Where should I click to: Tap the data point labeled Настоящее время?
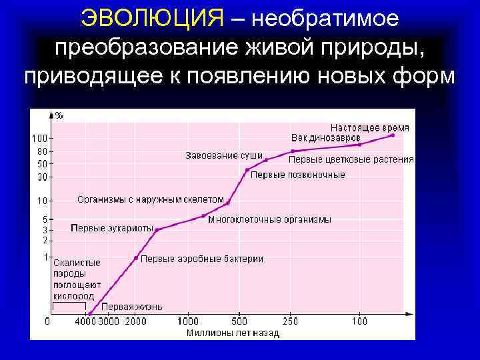(x=393, y=135)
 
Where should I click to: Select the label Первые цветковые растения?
(x=351, y=160)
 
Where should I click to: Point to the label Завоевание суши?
(x=223, y=156)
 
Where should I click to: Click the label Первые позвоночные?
(x=297, y=175)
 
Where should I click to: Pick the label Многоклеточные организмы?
(x=269, y=219)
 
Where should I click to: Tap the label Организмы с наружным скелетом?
(x=151, y=199)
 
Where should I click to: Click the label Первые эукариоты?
(x=112, y=228)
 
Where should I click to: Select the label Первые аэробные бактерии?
(x=202, y=259)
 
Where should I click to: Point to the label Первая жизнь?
(x=133, y=307)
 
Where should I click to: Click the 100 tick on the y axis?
(x=39, y=139)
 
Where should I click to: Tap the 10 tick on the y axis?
(x=42, y=201)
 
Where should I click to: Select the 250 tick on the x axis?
(x=291, y=321)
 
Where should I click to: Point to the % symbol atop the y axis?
(x=59, y=115)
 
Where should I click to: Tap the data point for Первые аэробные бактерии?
(x=136, y=257)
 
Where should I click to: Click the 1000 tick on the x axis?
(x=189, y=321)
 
